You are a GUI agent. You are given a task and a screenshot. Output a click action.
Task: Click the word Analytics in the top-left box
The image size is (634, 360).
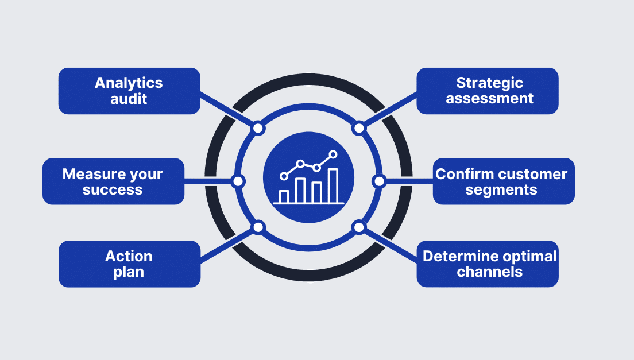click(129, 83)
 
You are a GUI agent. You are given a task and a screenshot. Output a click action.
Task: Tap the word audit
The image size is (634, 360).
click(129, 99)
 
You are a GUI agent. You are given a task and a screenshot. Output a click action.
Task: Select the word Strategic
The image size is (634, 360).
click(490, 83)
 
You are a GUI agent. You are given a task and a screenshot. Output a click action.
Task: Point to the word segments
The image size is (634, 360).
click(501, 189)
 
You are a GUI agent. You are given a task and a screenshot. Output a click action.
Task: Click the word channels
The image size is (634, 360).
click(490, 272)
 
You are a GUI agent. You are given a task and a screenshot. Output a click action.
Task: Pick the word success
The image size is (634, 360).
click(113, 189)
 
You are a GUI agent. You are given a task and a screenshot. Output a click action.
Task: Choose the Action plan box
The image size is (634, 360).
click(129, 264)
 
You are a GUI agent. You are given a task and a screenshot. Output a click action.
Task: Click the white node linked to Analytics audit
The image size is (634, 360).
click(258, 128)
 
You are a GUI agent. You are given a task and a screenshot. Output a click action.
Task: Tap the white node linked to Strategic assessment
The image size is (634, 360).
click(359, 128)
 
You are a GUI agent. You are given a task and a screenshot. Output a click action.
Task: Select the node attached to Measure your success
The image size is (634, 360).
click(238, 181)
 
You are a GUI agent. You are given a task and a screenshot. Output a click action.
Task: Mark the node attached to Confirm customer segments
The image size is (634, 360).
click(378, 181)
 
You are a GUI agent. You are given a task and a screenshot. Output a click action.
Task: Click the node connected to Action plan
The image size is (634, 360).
click(258, 227)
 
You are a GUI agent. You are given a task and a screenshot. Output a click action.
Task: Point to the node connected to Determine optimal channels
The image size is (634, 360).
click(359, 227)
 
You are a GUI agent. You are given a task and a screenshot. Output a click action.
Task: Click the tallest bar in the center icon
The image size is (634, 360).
click(333, 185)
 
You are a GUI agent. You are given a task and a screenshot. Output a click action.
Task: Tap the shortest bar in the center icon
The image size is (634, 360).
click(284, 196)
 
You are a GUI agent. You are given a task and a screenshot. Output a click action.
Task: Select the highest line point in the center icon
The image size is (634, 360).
click(333, 154)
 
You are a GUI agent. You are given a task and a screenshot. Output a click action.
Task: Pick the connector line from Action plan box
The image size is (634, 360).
click(227, 245)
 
